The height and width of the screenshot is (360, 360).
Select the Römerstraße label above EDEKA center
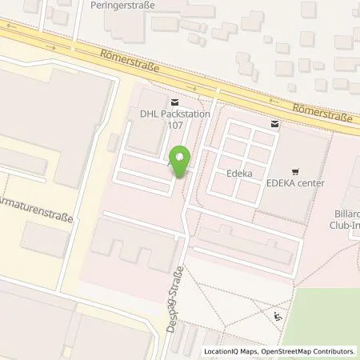coord(323,113)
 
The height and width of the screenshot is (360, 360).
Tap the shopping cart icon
coord(296,170)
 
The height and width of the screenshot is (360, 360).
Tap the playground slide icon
coord(278,317)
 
